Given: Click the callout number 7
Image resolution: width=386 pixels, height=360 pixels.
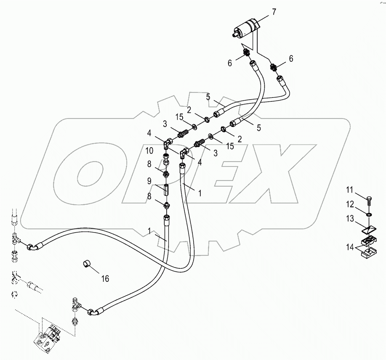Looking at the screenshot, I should (274, 11).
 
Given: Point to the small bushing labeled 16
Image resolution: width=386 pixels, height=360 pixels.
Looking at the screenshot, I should (87, 265).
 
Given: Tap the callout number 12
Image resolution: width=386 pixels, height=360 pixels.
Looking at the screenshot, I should (350, 204).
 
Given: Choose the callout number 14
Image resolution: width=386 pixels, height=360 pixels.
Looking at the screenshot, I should (350, 247).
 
